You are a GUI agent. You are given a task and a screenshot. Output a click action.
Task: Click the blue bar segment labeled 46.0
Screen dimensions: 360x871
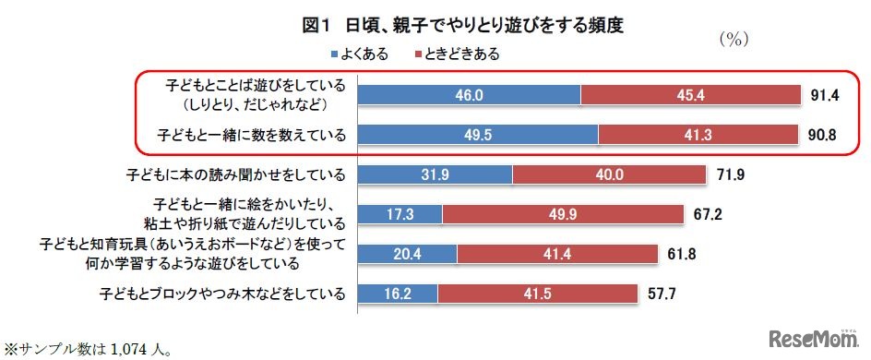point(469,94)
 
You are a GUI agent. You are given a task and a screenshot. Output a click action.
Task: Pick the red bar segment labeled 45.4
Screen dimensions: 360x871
point(690,94)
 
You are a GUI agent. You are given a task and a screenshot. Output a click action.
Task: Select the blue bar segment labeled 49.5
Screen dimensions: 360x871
point(477,135)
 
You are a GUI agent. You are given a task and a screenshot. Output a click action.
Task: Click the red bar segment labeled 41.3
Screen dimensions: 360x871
point(698,135)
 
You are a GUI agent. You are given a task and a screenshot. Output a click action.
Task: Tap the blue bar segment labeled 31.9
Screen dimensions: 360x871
point(435,174)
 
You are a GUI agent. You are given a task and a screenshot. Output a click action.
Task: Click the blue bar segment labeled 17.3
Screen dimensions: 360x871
point(400,214)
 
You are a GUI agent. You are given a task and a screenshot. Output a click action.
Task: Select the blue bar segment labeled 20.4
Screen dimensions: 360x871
point(407,254)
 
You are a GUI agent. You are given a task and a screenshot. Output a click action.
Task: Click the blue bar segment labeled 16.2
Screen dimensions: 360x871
point(397,294)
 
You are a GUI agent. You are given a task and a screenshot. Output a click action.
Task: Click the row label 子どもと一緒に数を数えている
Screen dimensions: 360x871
point(252,135)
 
